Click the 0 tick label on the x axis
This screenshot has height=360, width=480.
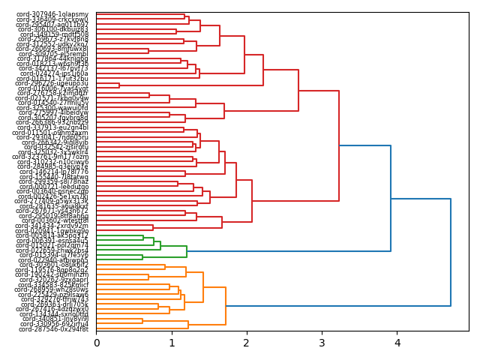pyautogui.click(x=96, y=343)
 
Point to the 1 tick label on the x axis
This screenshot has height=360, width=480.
pyautogui.click(x=171, y=343)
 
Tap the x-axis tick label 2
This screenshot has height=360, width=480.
pyautogui.click(x=247, y=343)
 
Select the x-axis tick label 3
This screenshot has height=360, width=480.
pyautogui.click(x=322, y=343)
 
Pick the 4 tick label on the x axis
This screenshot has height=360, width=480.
pyautogui.click(x=397, y=343)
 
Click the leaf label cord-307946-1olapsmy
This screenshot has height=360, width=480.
pyautogui.click(x=52, y=14)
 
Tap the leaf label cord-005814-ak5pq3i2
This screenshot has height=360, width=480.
pyautogui.click(x=52, y=235)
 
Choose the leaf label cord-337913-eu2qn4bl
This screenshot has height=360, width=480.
pyautogui.click(x=53, y=127)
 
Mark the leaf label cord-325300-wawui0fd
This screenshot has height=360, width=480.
pyautogui.click(x=53, y=107)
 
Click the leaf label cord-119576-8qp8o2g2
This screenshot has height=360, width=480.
pyautogui.click(x=53, y=270)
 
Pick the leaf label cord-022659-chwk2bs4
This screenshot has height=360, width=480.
pyautogui.click(x=52, y=250)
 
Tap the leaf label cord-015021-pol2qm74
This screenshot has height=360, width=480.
pyautogui.click(x=52, y=245)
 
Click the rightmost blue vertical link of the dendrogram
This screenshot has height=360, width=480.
pyautogui.click(x=451, y=252)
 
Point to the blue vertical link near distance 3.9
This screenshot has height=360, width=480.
pyautogui.click(x=391, y=198)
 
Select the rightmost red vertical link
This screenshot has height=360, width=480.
pyautogui.click(x=339, y=145)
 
